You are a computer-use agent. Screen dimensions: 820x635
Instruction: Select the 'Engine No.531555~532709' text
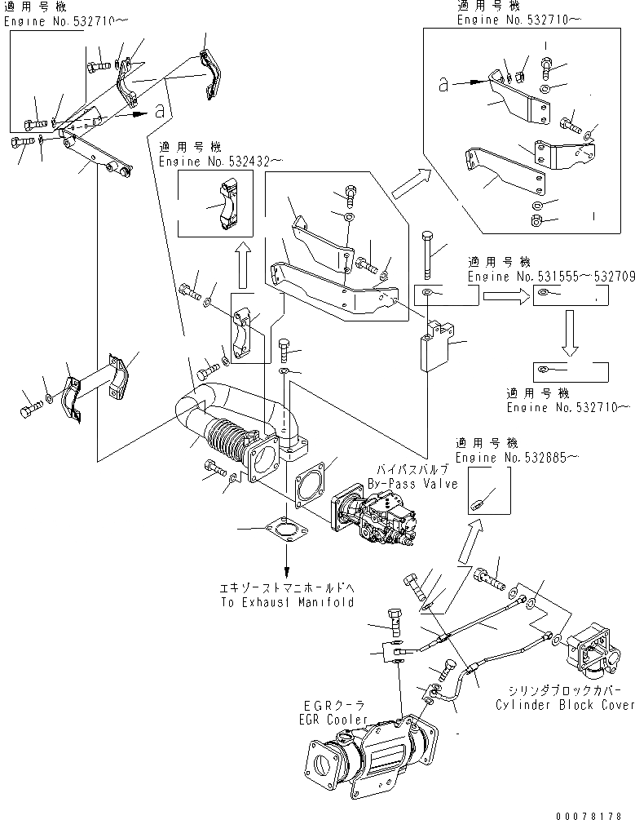tap(551, 277)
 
